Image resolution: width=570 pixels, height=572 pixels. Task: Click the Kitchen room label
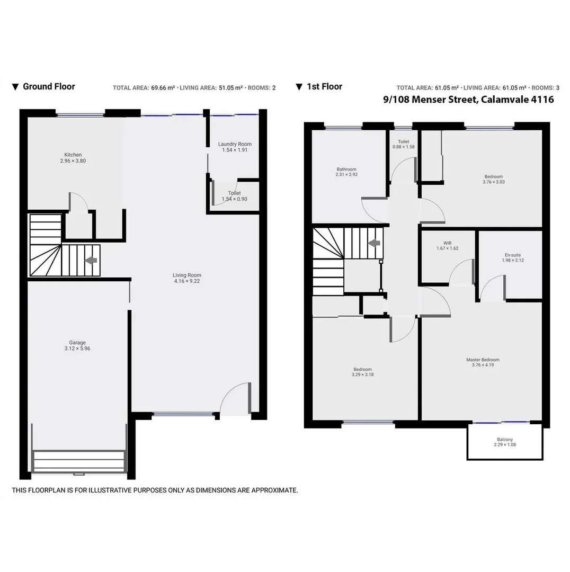tap(73, 155)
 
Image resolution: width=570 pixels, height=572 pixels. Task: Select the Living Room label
tap(187, 275)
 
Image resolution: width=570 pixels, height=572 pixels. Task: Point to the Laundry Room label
tap(235, 144)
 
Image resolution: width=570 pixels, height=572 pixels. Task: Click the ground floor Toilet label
tap(234, 193)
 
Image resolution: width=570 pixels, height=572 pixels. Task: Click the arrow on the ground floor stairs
tap(91, 260)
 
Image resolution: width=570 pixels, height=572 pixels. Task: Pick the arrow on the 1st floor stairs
tap(375, 243)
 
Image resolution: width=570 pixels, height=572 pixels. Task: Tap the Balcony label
tap(505, 439)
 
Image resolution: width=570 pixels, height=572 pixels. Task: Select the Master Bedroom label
tap(483, 360)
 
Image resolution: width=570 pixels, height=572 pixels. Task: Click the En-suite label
tap(513, 255)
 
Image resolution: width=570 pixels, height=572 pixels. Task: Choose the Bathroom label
tap(346, 169)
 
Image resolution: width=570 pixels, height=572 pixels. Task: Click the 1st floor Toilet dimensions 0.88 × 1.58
tap(403, 147)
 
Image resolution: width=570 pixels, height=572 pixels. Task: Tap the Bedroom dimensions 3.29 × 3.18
tap(362, 374)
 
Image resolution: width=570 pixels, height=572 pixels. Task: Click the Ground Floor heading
tap(49, 86)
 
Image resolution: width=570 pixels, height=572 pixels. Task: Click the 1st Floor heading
tap(324, 86)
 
